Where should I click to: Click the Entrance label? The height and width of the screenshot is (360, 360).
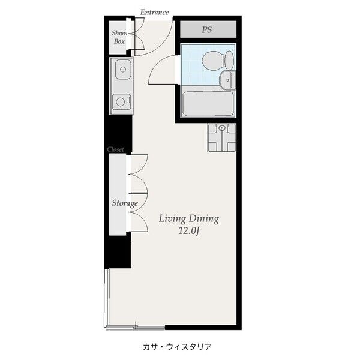155,12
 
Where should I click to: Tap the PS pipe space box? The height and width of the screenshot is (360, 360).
208,29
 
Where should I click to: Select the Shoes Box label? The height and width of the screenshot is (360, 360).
119,37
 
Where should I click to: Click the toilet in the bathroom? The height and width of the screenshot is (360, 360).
218,61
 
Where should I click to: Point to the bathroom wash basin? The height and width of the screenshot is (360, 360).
227,80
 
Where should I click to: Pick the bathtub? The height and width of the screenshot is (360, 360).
208,104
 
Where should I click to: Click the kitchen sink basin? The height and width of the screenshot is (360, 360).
123,69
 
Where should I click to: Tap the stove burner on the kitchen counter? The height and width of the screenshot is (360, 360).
121,101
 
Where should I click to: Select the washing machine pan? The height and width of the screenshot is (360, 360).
222,137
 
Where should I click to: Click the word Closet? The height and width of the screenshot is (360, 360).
115,149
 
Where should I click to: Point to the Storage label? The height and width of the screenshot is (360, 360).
125,203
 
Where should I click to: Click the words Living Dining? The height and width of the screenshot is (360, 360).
189,219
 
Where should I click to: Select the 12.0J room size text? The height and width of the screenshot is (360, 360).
188,231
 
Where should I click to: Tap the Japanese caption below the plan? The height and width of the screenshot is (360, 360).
177,347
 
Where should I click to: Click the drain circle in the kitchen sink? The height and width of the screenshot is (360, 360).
123,69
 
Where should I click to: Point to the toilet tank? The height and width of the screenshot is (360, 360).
229,61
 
